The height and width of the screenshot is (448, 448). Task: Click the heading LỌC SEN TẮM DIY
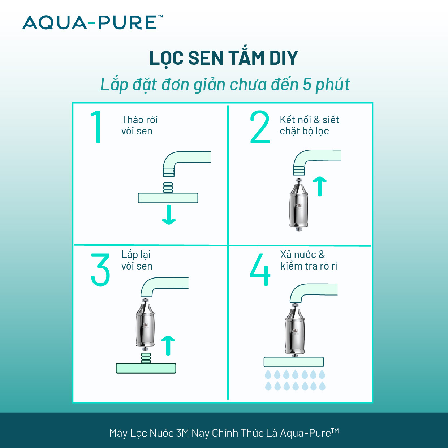coord(223,58)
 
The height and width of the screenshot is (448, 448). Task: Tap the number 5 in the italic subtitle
coord(307,84)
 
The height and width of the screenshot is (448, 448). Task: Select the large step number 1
coord(97,127)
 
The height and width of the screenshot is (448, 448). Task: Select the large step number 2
coord(260,127)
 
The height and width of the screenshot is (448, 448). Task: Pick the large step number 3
coord(100,270)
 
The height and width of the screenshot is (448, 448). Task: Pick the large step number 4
coord(260,270)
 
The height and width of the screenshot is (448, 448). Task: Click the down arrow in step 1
coord(169,215)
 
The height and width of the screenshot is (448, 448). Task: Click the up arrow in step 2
coord(319,186)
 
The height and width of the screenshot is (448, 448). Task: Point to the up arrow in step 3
coord(168,345)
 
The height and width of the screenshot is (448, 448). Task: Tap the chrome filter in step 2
coord(298,205)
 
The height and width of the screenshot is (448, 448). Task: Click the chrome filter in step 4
coord(295,331)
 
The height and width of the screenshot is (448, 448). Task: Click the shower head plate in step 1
coord(168,198)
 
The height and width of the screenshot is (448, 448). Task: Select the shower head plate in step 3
coord(146,368)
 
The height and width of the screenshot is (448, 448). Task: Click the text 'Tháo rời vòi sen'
coord(139,125)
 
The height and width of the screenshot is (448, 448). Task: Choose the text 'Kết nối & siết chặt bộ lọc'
coord(309,125)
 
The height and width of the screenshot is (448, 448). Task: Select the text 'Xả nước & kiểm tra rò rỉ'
coord(308,260)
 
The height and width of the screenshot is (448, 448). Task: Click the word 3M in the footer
coord(182,433)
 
